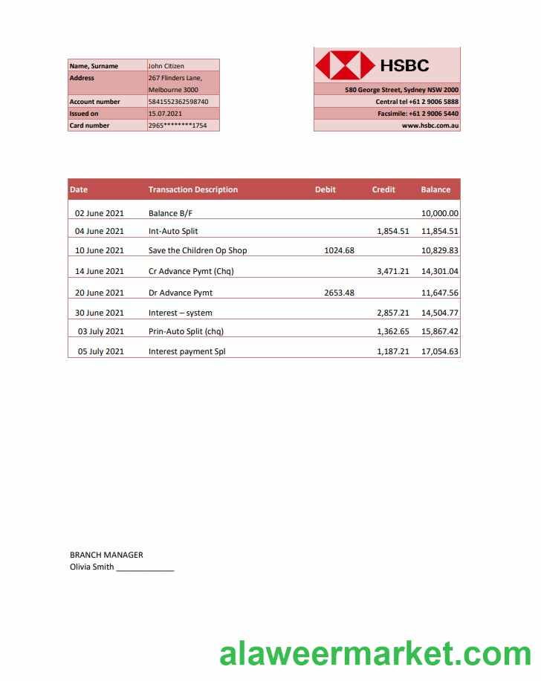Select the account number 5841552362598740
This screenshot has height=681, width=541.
pos(178,102)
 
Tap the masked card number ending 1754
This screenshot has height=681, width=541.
pos(178,126)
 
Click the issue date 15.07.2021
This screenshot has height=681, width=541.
pos(165,114)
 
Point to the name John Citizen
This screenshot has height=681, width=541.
pos(166,66)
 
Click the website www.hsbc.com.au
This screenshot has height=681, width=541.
pos(430,126)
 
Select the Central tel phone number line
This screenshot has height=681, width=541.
pos(417,102)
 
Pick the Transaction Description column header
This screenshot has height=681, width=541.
pos(193,189)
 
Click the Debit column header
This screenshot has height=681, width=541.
pos(325,189)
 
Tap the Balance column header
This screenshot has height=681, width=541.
pos(435,189)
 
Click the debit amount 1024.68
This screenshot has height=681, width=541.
pos(340,250)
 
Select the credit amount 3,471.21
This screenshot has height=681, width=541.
pos(393,271)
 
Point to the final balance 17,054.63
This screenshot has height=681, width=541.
pos(440,351)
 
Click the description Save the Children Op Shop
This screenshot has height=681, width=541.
pos(198,250)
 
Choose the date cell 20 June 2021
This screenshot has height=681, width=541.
pos(100,293)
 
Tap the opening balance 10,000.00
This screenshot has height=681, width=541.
pos(440,213)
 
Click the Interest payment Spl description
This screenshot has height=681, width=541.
pos(187,351)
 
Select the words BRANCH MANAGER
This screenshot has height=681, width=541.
pos(106,555)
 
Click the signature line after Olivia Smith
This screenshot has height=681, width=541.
pos(145,568)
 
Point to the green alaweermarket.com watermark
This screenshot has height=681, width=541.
pos(375,654)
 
